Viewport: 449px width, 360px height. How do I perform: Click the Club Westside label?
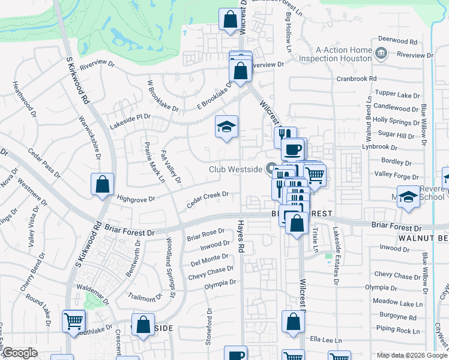click(235, 169)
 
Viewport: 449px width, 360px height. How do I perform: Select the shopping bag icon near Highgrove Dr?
click(102, 184)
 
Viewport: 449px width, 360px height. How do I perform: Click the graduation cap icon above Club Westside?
click(227, 127)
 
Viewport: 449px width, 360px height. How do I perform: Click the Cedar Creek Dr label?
click(208, 199)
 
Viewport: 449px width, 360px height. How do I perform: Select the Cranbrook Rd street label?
click(357, 79)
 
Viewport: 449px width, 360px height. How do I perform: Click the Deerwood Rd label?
click(397, 42)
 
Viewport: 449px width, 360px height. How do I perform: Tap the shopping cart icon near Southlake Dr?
click(73, 320)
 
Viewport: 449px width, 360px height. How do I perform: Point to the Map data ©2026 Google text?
click(412, 355)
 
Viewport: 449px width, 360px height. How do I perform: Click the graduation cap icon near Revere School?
click(408, 197)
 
